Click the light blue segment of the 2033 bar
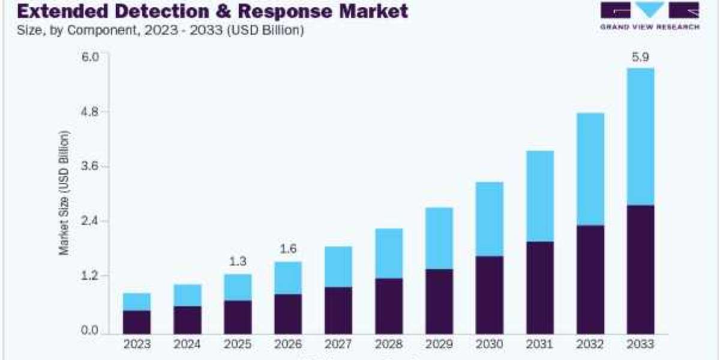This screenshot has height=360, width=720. pos(641,136)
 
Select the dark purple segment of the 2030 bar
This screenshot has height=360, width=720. pos(490,295)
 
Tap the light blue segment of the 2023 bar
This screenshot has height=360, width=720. pos(137,301)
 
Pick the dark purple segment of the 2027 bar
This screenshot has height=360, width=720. pos(338,310)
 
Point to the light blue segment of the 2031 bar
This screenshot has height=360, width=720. pos(540,196)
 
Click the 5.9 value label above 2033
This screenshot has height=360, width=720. pos(640,57)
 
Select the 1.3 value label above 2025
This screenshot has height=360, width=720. pos(238,262)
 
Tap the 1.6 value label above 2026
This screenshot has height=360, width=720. pos(288,249)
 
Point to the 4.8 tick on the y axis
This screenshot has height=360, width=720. pos(89,112)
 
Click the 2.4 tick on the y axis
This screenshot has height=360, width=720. pos(89,221)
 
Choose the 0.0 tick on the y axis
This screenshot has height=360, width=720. pos(89,331)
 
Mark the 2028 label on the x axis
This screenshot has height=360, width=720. pos(389,344)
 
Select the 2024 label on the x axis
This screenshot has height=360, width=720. pos(187,344)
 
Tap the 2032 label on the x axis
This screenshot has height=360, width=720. pos(590,344)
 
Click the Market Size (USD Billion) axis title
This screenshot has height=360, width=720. pos(64,193)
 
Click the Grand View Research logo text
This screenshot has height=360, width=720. pos(650,27)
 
